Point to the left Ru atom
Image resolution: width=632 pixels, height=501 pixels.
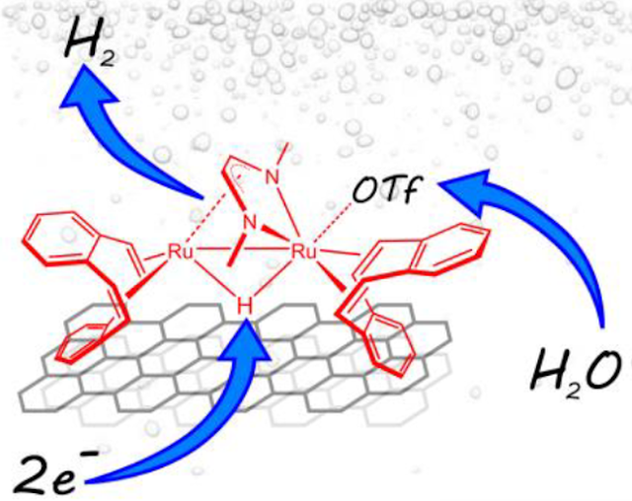click(x=180, y=252)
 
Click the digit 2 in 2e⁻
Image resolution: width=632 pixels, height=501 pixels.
click(x=31, y=465)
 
